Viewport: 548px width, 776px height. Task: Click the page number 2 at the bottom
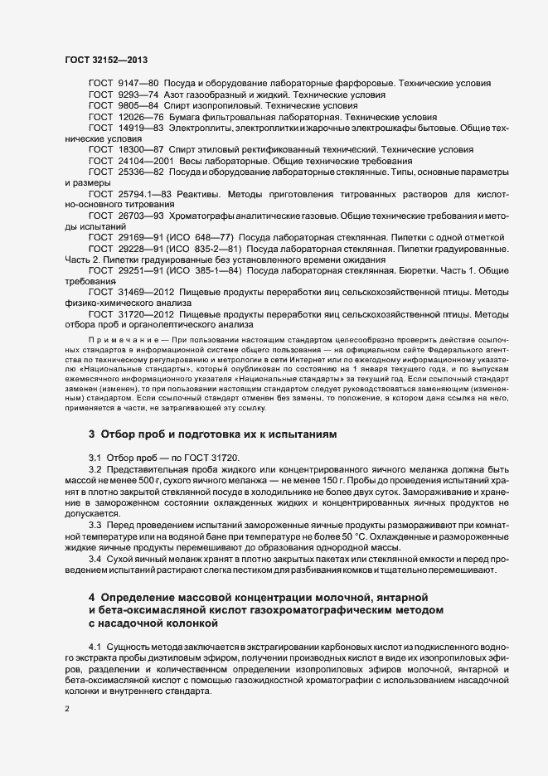67,709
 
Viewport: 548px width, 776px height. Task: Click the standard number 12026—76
142,118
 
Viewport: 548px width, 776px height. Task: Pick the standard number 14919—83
142,129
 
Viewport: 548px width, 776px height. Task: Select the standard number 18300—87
142,150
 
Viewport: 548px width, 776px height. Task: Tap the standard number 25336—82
142,172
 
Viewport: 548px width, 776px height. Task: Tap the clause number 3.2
95,470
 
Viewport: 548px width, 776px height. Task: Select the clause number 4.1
95,644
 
